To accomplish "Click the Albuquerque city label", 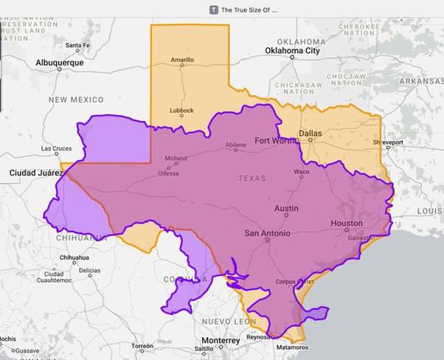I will click(x=60, y=63).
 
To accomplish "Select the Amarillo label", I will click(x=182, y=60).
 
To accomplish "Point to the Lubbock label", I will click(x=181, y=111).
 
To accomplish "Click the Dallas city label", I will click(x=311, y=134).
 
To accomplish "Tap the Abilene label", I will click(x=235, y=146).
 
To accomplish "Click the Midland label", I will click(x=176, y=158).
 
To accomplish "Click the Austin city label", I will click(x=286, y=209).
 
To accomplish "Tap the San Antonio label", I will click(x=267, y=234).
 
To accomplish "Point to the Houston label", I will click(x=347, y=223).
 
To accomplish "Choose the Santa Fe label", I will click(x=77, y=46).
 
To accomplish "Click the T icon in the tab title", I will click(x=214, y=10).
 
